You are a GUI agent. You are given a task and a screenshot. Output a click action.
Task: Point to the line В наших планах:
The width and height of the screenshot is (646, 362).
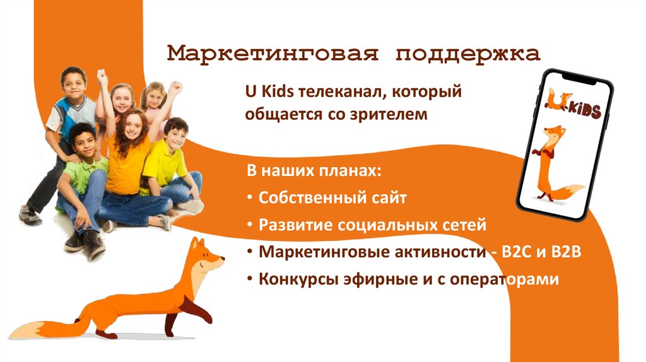tap(314, 172)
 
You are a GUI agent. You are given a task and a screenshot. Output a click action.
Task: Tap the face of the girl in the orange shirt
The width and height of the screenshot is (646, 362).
tap(132, 126)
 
